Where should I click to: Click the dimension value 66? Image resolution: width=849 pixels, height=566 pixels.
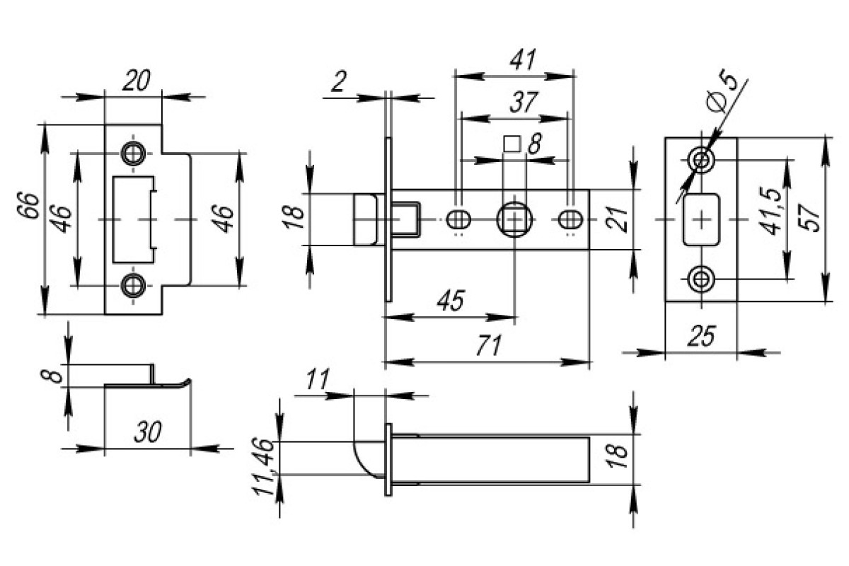pyautogui.click(x=28, y=206)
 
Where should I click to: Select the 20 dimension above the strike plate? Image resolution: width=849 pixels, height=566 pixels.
pyautogui.click(x=136, y=80)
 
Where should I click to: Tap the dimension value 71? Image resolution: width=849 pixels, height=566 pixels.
pyautogui.click(x=489, y=345)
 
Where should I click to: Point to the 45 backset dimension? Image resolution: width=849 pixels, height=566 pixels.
pyautogui.click(x=451, y=300)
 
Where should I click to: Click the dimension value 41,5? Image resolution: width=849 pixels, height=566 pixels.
pyautogui.click(x=770, y=211)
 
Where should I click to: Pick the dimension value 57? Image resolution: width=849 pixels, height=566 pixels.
pyautogui.click(x=809, y=218)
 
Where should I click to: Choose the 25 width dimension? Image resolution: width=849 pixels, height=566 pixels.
pyautogui.click(x=702, y=336)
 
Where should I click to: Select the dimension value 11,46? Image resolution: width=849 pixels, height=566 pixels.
pyautogui.click(x=263, y=467)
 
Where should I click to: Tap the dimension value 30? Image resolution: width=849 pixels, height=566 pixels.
pyautogui.click(x=148, y=432)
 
